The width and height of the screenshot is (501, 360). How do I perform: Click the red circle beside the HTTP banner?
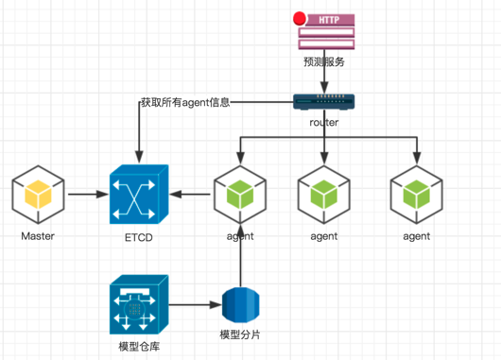(x=300, y=19)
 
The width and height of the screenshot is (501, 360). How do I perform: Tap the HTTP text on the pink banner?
(x=329, y=20)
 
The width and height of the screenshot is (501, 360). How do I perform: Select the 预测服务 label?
(x=324, y=61)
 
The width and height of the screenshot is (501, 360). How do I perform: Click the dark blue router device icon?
(x=324, y=102)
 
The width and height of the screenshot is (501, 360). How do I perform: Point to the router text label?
(x=324, y=122)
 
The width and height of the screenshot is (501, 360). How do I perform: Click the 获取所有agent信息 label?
(x=185, y=102)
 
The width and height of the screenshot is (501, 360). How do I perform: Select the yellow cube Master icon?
(x=39, y=195)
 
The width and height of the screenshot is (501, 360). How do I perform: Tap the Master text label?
(x=38, y=236)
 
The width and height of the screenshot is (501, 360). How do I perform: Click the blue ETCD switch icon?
(x=139, y=195)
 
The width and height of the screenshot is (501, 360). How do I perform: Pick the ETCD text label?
(x=139, y=237)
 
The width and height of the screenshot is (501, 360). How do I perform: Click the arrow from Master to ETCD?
(x=89, y=194)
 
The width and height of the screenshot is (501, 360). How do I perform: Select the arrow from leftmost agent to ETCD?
(x=190, y=194)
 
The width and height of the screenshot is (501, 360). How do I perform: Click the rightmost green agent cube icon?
(x=417, y=195)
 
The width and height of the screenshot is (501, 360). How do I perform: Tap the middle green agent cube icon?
(x=324, y=195)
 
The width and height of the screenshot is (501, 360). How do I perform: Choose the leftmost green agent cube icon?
(x=240, y=195)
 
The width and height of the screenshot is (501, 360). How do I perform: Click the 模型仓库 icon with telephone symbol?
(x=139, y=304)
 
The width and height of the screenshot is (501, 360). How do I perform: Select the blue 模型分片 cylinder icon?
(x=241, y=305)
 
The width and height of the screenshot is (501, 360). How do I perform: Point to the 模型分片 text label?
(x=240, y=334)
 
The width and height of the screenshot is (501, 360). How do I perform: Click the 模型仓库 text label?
(x=139, y=346)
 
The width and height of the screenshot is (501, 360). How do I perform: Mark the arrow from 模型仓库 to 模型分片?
(x=196, y=305)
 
